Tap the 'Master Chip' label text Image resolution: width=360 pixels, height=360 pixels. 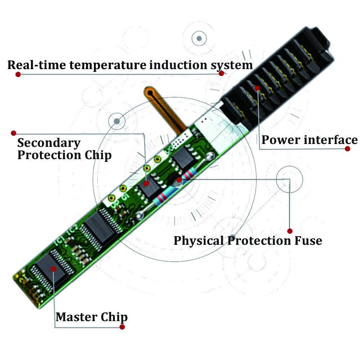pyautogui.click(x=91, y=317)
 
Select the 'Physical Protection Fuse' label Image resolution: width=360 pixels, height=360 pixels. pyautogui.click(x=248, y=240)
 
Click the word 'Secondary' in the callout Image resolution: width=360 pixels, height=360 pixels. pyautogui.click(x=49, y=143)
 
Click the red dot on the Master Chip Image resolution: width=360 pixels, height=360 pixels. pyautogui.click(x=53, y=269)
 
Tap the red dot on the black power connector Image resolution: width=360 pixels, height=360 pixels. pyautogui.click(x=257, y=88)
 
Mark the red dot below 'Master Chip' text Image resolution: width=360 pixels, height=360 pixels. pyautogui.click(x=122, y=327)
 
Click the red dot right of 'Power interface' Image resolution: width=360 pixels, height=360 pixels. pyautogui.click(x=347, y=149)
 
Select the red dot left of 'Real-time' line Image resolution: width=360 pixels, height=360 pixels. pyautogui.click(x=18, y=74)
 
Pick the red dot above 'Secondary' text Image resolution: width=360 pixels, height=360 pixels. pyautogui.click(x=14, y=133)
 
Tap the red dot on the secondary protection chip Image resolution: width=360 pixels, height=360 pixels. pyautogui.click(x=146, y=184)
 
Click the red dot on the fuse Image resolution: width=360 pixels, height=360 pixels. pyautogui.click(x=179, y=179)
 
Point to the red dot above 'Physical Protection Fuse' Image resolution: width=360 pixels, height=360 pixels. pyautogui.click(x=290, y=231)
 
